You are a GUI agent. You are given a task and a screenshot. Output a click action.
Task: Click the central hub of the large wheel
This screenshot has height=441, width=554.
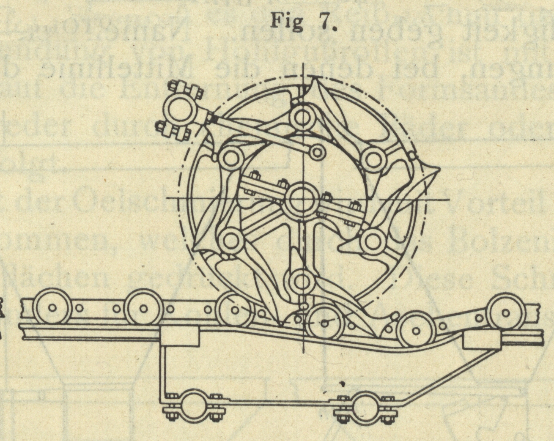pos(302,200)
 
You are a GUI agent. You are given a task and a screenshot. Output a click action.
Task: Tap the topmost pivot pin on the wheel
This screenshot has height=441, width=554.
pos(302,117)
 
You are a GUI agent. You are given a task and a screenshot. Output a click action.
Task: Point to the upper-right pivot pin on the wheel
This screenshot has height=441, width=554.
pos(373,159)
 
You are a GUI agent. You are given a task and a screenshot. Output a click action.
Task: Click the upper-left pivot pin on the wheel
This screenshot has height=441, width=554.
pos(231,159)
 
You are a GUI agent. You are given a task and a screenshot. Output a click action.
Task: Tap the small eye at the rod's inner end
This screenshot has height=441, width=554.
pos(316,151)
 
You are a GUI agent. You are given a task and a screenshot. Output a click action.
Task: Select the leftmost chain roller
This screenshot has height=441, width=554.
pos(52,308)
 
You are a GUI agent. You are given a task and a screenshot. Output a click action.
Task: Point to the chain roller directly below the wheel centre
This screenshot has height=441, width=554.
pos(324,322)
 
